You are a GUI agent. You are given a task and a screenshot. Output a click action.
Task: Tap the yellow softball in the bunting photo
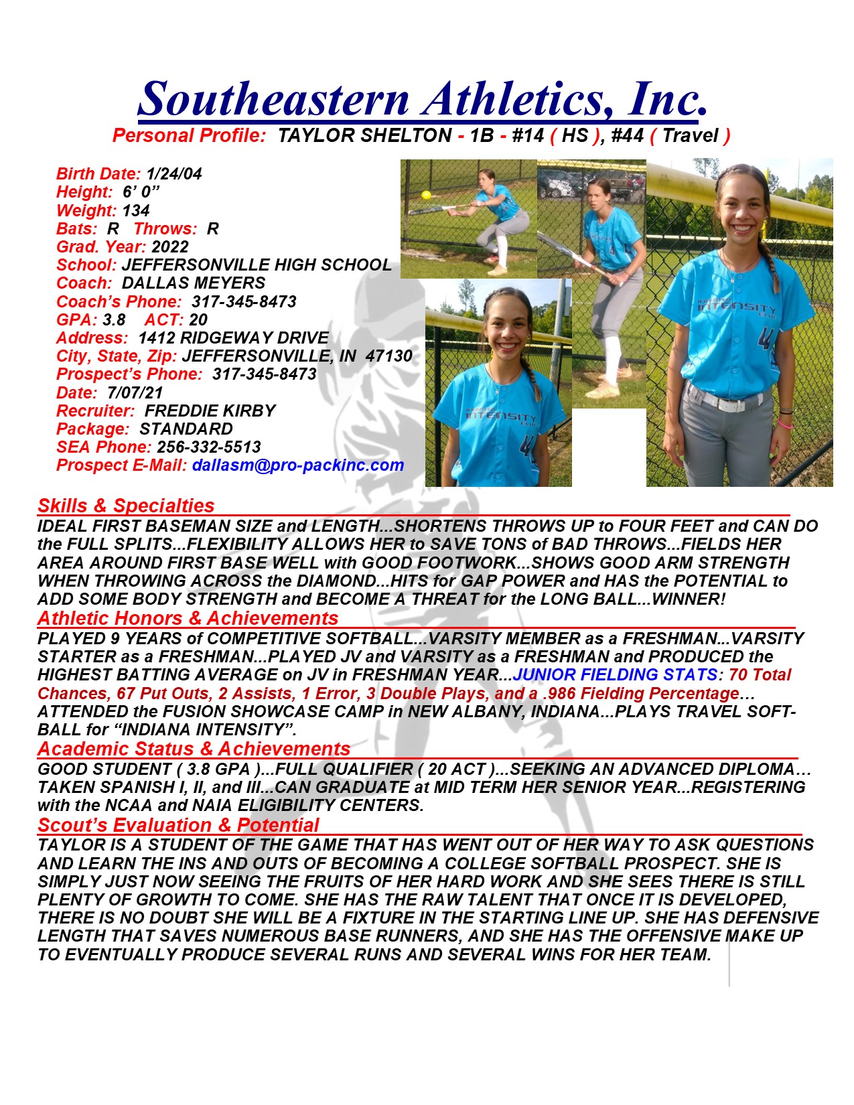click(426, 195)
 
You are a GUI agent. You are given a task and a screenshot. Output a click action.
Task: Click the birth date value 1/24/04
click(173, 174)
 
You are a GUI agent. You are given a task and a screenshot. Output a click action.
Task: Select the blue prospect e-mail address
click(298, 465)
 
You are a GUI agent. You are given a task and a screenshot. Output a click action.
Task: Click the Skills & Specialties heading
click(126, 506)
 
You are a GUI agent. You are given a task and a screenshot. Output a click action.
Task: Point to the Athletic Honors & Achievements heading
click(188, 618)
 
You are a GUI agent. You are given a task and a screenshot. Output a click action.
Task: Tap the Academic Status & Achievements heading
click(194, 749)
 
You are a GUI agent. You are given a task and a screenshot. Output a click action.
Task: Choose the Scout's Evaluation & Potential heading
click(178, 825)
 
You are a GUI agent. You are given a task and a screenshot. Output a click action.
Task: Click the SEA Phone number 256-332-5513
click(209, 447)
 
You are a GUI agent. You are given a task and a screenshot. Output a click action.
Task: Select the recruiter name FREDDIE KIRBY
click(210, 411)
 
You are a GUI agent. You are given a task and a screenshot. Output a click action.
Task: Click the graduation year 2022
click(170, 247)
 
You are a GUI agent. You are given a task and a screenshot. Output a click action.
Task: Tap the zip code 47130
click(388, 356)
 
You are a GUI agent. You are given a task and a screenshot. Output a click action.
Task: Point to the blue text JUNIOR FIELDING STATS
click(615, 675)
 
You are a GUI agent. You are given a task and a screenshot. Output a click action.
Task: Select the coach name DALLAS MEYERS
click(194, 283)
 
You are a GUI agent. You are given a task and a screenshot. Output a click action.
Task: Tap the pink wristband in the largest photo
click(786, 424)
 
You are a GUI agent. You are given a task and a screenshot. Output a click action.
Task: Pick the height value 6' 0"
click(141, 192)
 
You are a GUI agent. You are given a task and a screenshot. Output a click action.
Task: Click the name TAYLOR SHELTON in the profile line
click(364, 136)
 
